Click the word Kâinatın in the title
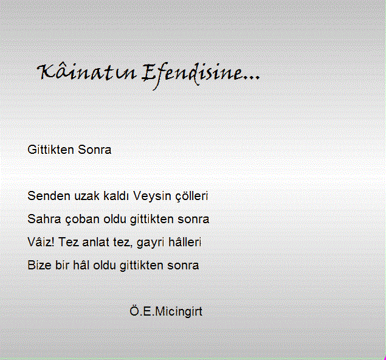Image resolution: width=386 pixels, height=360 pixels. (86, 72)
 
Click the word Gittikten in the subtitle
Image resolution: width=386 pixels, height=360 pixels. (50, 150)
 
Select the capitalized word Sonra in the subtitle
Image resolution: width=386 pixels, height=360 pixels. (95, 150)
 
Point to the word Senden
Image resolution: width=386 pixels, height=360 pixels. (49, 196)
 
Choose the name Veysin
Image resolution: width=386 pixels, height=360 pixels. (152, 196)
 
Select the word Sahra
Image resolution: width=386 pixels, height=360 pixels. (44, 219)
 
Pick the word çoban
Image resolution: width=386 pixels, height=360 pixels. (82, 220)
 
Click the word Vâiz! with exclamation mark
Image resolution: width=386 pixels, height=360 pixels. (41, 242)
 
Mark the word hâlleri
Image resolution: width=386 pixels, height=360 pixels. (185, 242)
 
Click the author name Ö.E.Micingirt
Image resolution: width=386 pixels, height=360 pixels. (166, 311)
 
